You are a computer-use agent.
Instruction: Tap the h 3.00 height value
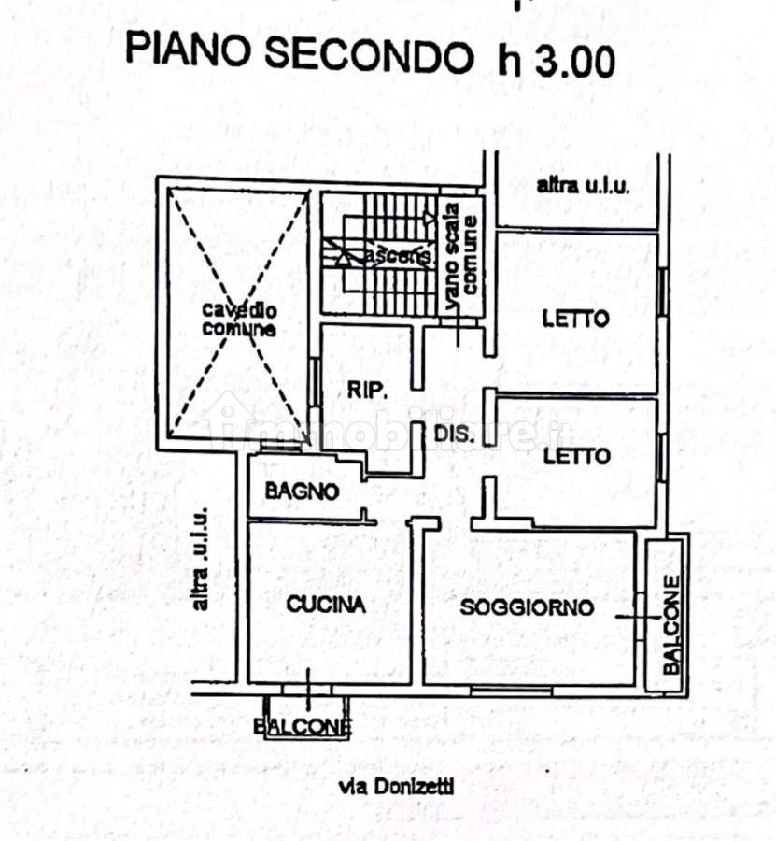[557, 60]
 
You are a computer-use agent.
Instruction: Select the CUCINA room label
[325, 605]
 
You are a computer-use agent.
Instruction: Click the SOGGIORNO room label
[527, 607]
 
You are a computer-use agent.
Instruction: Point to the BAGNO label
[301, 491]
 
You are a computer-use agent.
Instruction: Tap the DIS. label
[456, 435]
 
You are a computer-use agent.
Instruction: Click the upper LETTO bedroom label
[575, 319]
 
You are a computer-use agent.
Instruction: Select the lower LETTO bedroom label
[576, 456]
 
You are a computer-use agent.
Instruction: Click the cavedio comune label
[239, 320]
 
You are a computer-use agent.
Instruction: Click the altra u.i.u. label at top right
[584, 185]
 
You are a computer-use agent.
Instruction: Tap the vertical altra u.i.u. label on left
[200, 561]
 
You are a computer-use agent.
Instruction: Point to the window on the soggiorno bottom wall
[510, 690]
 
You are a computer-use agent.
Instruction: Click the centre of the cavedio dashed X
[238, 314]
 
